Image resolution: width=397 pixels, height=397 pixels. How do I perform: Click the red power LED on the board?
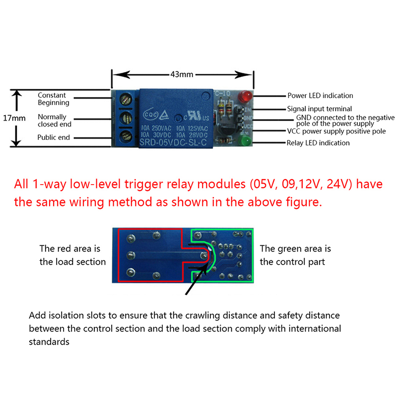pyautogui.click(x=245, y=95)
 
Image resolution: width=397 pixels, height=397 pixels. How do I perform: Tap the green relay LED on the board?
pyautogui.click(x=245, y=142)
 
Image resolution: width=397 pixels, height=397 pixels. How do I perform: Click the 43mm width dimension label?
pyautogui.click(x=182, y=75)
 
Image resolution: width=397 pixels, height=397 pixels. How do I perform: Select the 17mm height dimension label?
pyautogui.click(x=13, y=118)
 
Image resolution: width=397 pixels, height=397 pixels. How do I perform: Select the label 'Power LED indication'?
pyautogui.click(x=320, y=95)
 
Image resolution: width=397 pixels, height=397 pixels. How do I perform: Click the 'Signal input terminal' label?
pyautogui.click(x=319, y=109)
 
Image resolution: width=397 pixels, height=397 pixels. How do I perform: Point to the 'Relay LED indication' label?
pyautogui.click(x=318, y=143)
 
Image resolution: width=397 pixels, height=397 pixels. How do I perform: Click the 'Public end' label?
pyautogui.click(x=54, y=137)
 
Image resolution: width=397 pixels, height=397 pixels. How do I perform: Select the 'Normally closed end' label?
pyautogui.click(x=55, y=121)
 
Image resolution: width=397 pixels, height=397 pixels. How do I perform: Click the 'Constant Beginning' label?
pyautogui.click(x=54, y=99)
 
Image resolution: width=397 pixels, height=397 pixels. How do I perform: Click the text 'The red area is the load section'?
pyautogui.click(x=72, y=255)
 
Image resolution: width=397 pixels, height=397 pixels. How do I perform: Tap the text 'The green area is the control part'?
pyautogui.click(x=295, y=255)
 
